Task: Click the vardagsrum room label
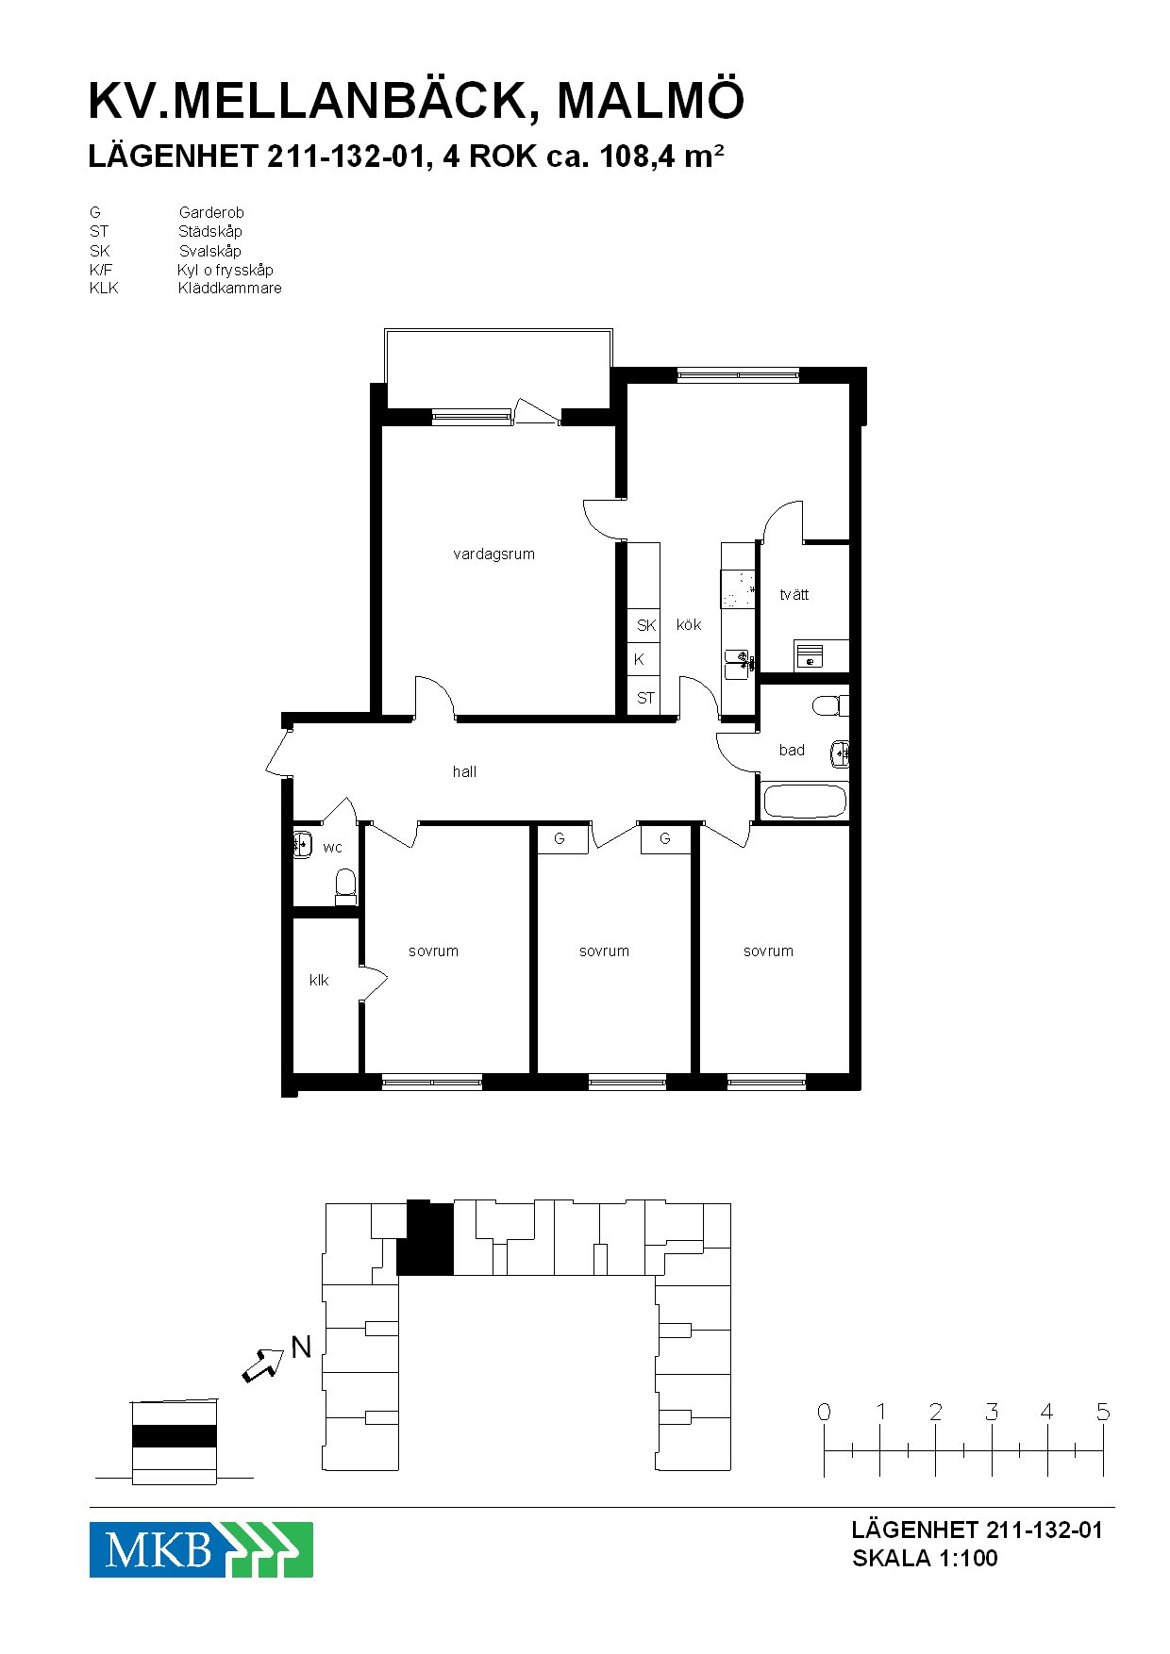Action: [x=493, y=554]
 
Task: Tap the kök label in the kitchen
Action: [x=689, y=624]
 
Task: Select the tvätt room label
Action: [x=794, y=594]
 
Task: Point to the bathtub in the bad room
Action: [x=805, y=801]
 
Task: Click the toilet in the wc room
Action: [x=345, y=885]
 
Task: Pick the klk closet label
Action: [x=319, y=981]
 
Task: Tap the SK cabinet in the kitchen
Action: [x=644, y=624]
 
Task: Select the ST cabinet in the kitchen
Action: [x=644, y=698]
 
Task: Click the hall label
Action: [x=464, y=771]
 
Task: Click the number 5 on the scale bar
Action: [x=1103, y=1412]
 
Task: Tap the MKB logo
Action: [x=201, y=1549]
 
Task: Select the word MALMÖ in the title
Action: [x=651, y=101]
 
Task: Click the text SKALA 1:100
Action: [x=925, y=1558]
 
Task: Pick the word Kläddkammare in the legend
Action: [x=230, y=288]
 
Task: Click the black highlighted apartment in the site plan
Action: [x=426, y=1239]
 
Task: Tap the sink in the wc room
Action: [x=302, y=844]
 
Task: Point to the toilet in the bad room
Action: [x=830, y=705]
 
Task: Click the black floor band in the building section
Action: [x=175, y=1436]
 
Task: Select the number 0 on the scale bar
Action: [x=824, y=1412]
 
